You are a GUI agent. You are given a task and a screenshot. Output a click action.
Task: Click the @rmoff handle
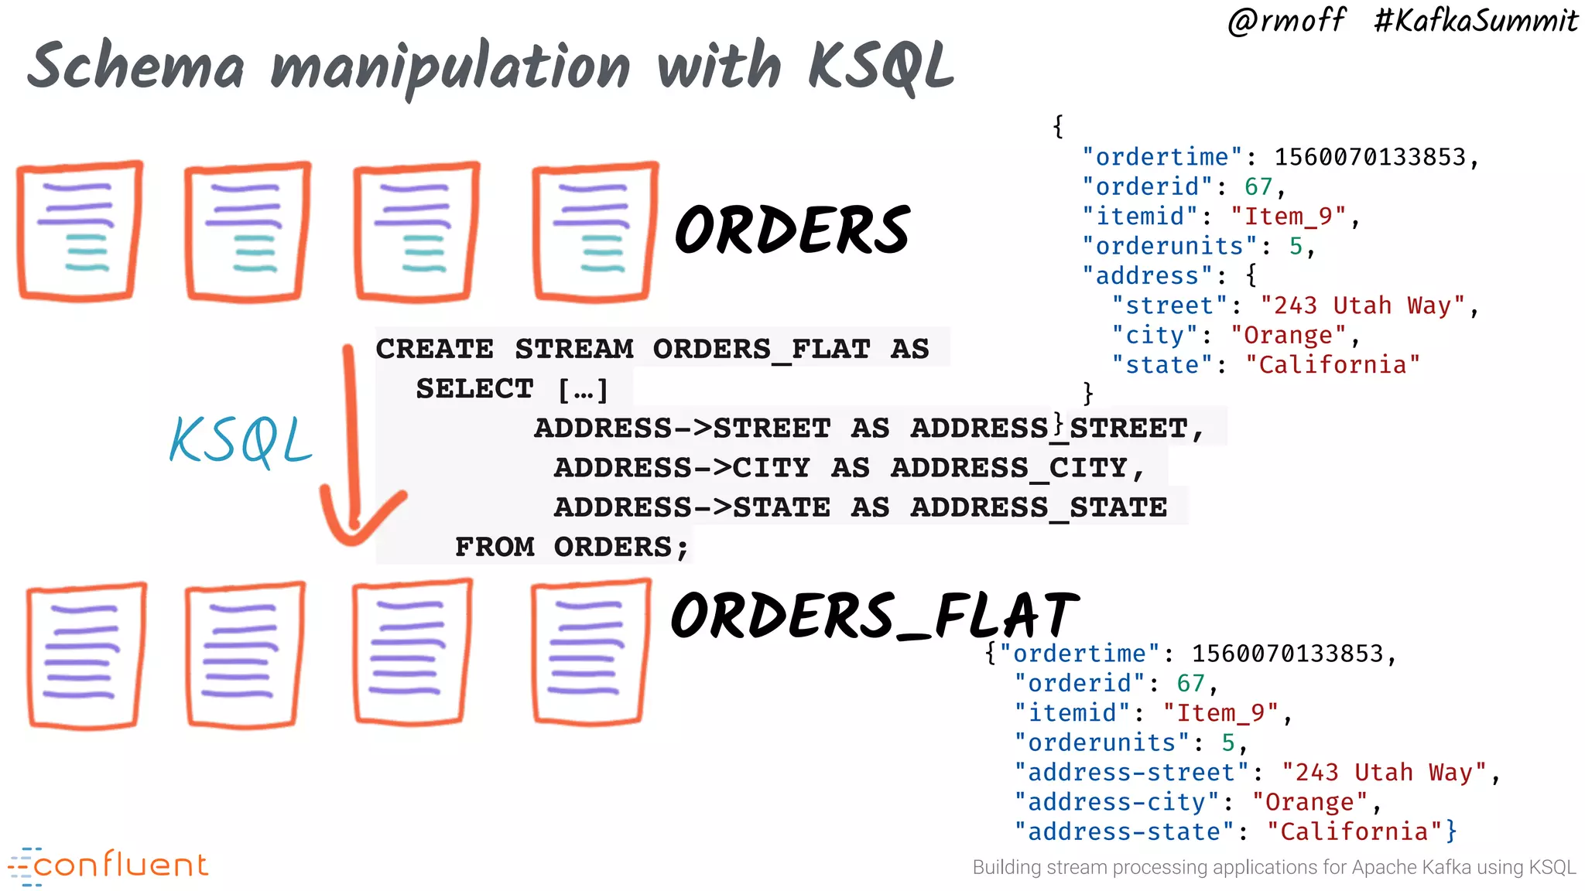point(1286,20)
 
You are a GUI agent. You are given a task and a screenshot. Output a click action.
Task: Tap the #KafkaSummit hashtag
point(1475,20)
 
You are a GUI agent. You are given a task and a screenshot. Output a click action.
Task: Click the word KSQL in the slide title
point(881,67)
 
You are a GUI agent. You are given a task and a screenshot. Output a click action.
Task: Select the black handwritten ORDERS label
point(792,230)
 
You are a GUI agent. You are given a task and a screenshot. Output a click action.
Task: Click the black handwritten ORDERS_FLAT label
point(875,616)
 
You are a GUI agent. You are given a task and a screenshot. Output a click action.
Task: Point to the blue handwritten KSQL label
point(241,441)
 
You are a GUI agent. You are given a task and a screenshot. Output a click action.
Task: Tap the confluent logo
point(108,865)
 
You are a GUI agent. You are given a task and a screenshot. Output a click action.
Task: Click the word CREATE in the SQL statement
point(434,349)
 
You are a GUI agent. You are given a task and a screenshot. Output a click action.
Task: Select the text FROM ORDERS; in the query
point(571,547)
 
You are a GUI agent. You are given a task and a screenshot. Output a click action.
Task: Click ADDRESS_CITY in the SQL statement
point(1009,468)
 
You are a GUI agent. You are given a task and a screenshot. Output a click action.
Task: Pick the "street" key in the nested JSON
point(1170,306)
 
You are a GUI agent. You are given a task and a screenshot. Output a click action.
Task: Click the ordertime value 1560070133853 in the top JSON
point(1371,157)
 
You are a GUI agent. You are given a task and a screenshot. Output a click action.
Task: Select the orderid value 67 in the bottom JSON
point(1190,684)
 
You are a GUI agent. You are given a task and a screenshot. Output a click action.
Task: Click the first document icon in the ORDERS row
point(79,230)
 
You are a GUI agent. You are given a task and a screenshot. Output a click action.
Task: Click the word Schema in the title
point(136,67)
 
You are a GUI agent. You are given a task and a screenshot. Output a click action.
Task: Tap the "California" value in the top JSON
point(1333,365)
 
